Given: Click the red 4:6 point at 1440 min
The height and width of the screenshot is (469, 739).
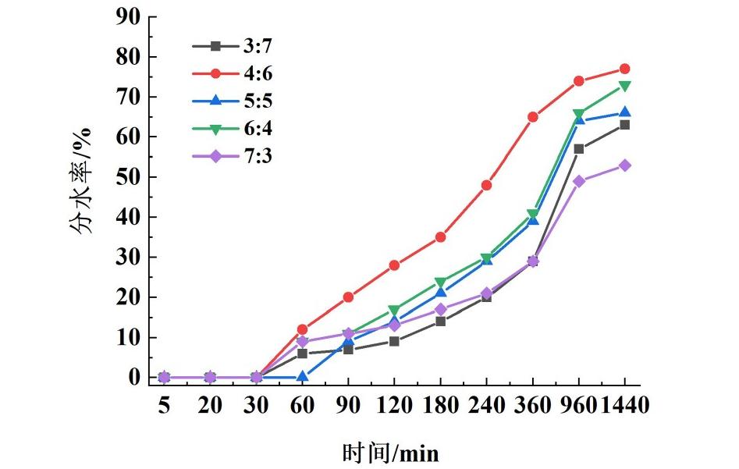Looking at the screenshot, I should tap(624, 69).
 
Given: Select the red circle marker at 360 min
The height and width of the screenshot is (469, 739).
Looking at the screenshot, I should tap(533, 117).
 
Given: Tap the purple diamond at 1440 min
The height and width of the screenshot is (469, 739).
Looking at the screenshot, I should tap(624, 165).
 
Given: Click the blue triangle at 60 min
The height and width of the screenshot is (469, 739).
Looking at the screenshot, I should tap(302, 377).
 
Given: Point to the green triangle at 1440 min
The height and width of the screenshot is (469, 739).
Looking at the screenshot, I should tap(624, 85).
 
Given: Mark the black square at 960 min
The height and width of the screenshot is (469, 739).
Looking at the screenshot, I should tap(579, 149).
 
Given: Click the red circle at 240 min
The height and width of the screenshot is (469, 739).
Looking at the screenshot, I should tap(487, 185).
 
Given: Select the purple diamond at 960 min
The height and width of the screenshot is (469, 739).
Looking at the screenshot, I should tap(579, 181).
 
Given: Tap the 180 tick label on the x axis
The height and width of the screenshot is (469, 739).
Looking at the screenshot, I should tap(440, 406).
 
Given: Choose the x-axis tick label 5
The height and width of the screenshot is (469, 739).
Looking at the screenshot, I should tap(164, 406).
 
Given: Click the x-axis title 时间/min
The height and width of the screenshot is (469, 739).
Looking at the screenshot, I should tap(390, 452).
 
